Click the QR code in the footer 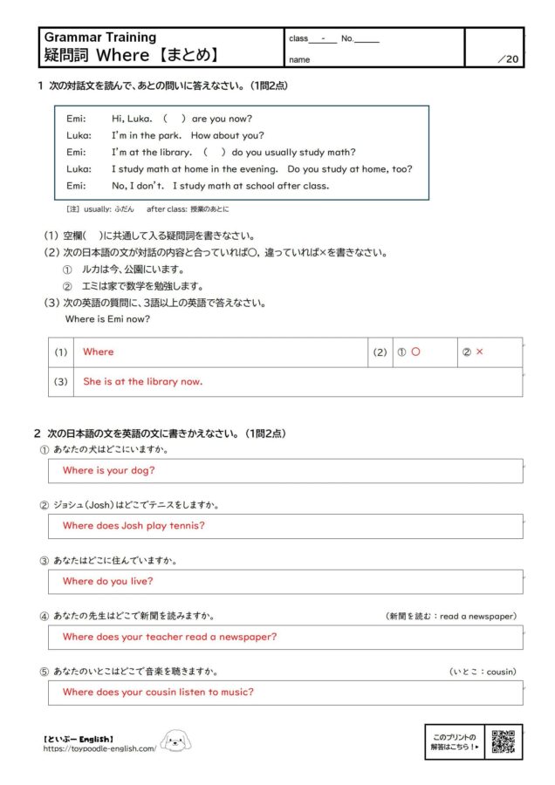503,741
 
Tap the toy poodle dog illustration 175,742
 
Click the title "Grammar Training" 100,38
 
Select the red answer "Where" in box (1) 99,352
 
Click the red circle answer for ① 415,352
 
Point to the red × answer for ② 479,352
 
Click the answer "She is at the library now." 143,381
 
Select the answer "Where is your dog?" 109,470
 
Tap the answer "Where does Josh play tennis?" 134,525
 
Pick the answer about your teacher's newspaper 169,637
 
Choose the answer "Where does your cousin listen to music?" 158,692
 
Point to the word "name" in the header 299,60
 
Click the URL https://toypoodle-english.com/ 100,748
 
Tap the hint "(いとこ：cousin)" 483,672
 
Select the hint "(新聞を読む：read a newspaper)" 451,616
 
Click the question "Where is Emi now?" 107,318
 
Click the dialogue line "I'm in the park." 144,135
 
